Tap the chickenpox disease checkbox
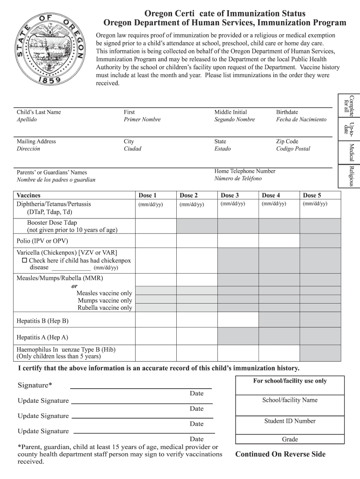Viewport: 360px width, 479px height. click(x=25, y=261)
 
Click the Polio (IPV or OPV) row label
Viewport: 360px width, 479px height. click(x=42, y=241)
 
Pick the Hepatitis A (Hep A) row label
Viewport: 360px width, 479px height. click(x=42, y=337)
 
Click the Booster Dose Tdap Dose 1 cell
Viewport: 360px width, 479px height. click(x=155, y=226)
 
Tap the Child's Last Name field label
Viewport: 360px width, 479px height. click(x=39, y=112)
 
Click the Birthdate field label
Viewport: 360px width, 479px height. click(x=287, y=112)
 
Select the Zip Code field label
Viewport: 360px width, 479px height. click(x=287, y=141)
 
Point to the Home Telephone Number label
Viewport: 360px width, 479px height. click(x=245, y=171)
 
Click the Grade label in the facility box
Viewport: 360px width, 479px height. click(x=290, y=440)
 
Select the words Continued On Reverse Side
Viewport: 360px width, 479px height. click(x=280, y=454)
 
